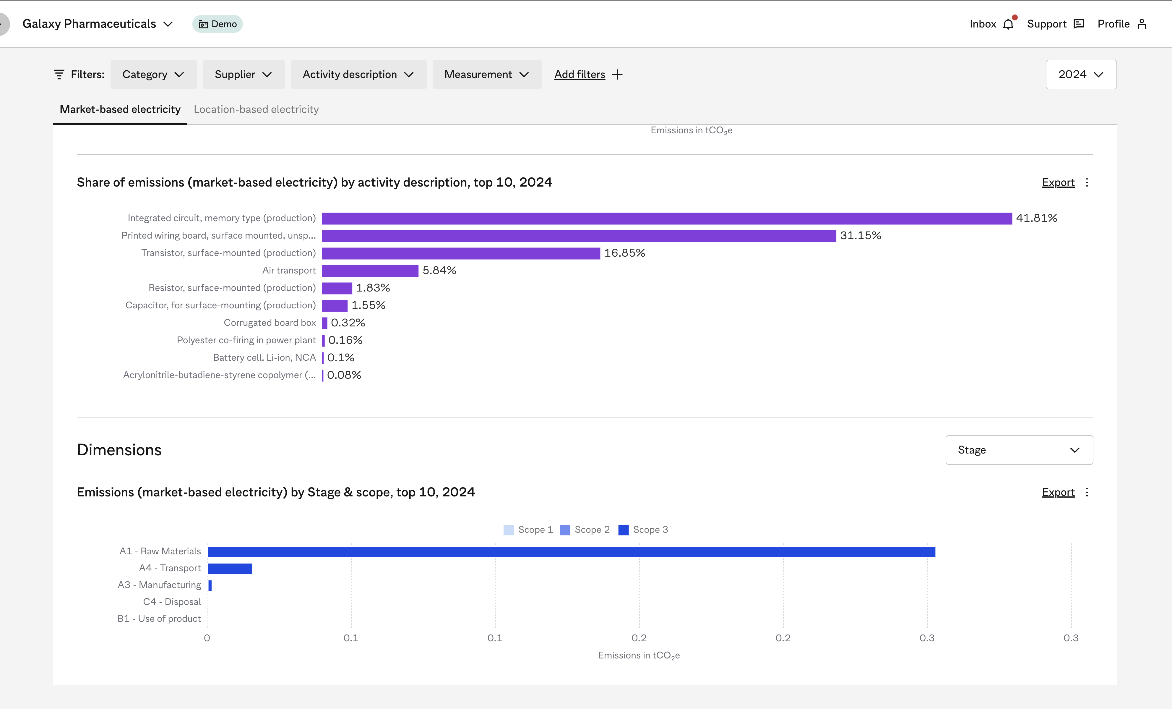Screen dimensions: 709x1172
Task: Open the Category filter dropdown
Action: (153, 74)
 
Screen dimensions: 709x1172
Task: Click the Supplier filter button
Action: (243, 74)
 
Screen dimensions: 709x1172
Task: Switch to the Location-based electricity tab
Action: (256, 109)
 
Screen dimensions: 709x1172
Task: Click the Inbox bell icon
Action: (1008, 24)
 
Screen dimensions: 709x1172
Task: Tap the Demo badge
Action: (217, 24)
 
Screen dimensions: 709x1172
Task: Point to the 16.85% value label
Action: (624, 253)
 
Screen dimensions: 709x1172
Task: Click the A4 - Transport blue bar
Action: (230, 568)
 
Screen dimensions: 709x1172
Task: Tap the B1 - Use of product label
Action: (159, 619)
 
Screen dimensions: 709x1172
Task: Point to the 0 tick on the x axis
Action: (207, 638)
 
